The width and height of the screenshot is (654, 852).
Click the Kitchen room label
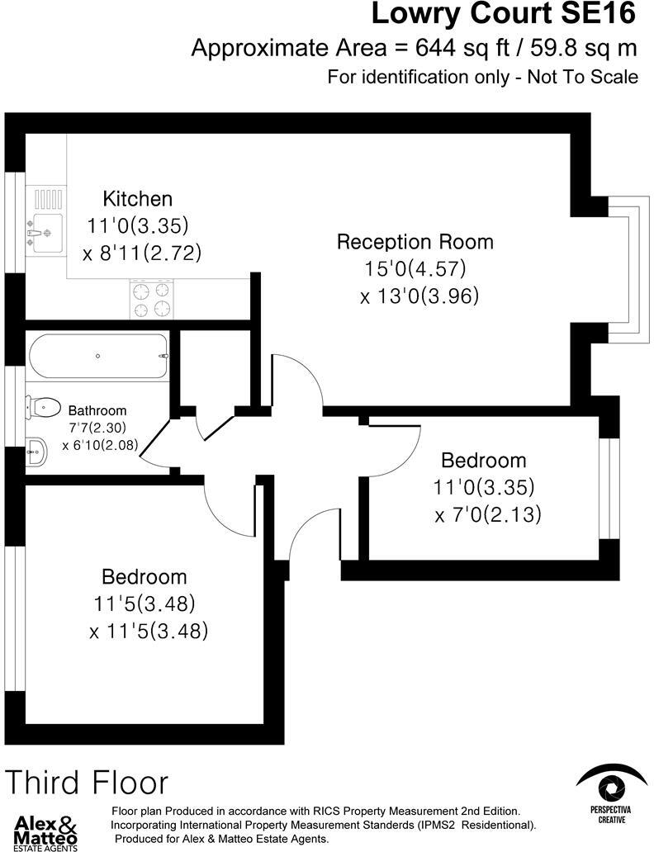137,199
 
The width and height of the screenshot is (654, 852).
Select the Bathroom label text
97,410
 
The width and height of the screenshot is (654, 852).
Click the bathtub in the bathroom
98,356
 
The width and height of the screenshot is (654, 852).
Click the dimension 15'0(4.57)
415,268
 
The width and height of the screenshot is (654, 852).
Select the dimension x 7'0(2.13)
488,515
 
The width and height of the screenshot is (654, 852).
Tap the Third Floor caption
88,782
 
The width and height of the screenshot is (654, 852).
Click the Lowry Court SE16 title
504,14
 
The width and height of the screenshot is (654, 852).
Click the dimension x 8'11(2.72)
142,253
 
